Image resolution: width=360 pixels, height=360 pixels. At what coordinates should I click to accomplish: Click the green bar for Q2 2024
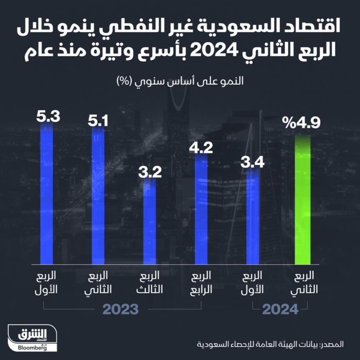click(302, 200)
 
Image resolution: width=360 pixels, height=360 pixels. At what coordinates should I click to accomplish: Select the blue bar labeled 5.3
click(47, 196)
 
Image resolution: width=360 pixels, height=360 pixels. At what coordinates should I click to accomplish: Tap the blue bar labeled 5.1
click(98, 196)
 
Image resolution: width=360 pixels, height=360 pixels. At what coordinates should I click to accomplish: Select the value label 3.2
click(150, 172)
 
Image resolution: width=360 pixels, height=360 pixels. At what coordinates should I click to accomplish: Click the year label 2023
click(120, 310)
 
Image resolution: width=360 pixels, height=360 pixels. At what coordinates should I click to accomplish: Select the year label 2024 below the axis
click(280, 310)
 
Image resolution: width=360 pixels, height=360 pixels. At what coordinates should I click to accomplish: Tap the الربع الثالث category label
click(150, 283)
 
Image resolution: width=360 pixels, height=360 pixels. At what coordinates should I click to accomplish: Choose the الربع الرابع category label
click(201, 283)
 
